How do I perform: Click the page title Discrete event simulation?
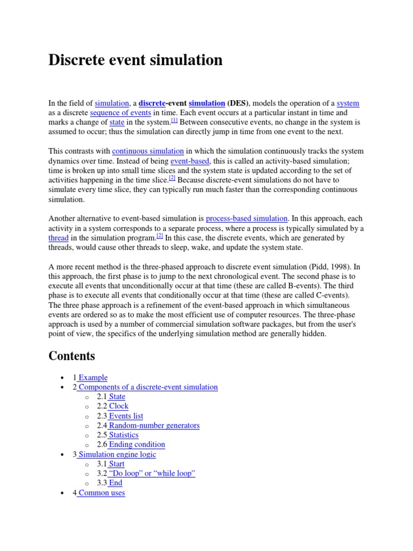point(135,60)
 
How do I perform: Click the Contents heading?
point(72,356)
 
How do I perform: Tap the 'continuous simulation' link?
point(148,151)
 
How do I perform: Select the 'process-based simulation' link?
point(247,218)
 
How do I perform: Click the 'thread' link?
point(59,238)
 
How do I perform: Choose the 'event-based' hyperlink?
point(190,161)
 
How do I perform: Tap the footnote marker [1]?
point(174,121)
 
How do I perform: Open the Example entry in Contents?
point(93,378)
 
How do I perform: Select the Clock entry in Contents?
point(118,406)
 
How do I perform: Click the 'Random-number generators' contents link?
point(154,426)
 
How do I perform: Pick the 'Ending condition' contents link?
point(137,444)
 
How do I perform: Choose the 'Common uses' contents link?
point(101,492)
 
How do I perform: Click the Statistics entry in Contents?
point(123,435)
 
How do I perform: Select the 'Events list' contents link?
point(126,416)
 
